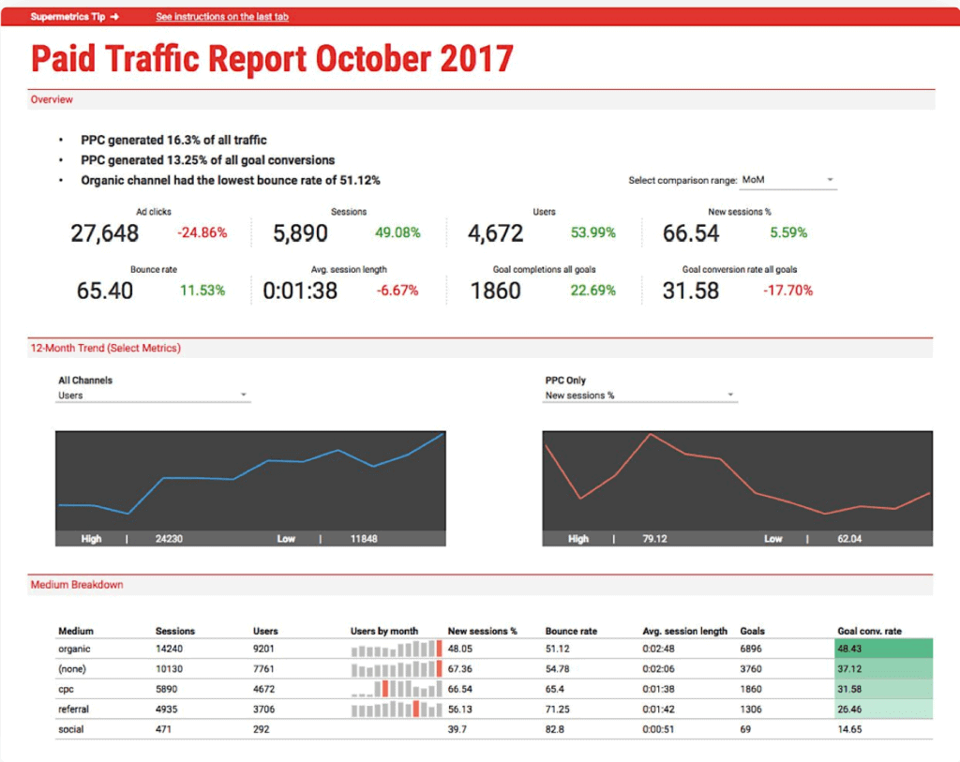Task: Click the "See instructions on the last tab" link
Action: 222,17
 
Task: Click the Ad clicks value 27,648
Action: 105,233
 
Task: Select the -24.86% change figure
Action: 202,233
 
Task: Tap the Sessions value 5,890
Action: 301,233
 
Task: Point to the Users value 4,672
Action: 496,233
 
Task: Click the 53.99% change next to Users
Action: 592,233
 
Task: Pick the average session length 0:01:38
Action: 300,291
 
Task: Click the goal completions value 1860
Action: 495,291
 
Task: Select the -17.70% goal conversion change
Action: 787,291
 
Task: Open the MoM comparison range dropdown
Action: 787,180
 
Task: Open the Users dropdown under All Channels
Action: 154,396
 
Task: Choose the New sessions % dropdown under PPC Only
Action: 640,396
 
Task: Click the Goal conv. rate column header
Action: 869,631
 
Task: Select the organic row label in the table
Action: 75,649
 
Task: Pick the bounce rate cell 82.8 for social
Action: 555,728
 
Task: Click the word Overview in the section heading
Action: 52,99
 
